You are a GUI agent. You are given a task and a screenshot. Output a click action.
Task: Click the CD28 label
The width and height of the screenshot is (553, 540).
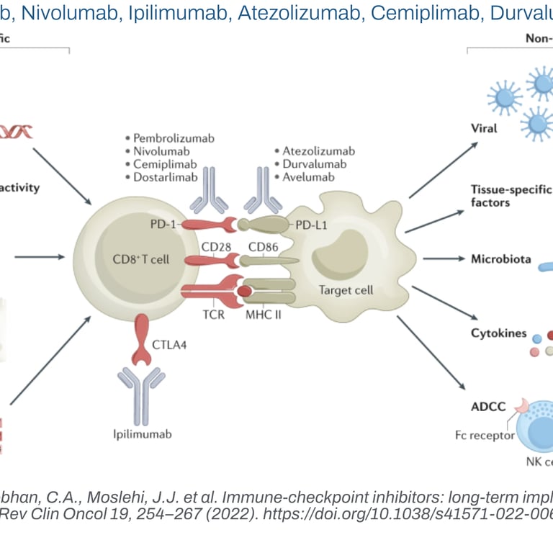(215, 248)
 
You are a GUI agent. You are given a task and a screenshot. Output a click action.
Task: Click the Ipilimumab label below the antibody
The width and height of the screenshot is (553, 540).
(143, 434)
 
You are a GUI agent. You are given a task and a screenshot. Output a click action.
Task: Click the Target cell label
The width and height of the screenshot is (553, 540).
(346, 291)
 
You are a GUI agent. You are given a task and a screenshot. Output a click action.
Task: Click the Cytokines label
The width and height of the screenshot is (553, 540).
(498, 333)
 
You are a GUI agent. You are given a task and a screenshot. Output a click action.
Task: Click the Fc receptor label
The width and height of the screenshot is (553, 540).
(485, 435)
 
